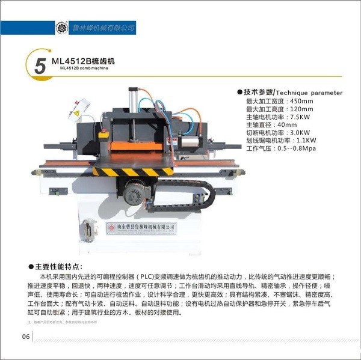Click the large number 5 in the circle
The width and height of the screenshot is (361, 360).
(x=40, y=66)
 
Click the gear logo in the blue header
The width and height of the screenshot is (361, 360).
(x=60, y=27)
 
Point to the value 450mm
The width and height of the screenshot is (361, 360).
(x=301, y=101)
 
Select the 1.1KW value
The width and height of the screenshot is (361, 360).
(x=306, y=140)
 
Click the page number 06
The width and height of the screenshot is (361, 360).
(x=26, y=336)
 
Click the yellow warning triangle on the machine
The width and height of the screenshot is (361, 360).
(x=76, y=112)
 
